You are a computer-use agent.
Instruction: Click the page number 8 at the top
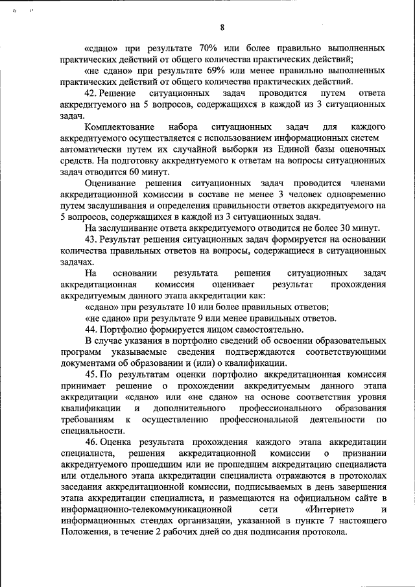222,27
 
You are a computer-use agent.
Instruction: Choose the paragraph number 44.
91,329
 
